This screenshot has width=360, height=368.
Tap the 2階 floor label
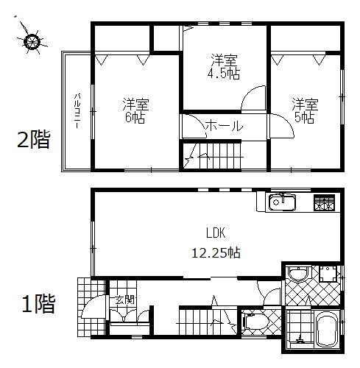pyautogui.click(x=33, y=140)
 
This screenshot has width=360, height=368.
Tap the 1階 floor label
pyautogui.click(x=37, y=303)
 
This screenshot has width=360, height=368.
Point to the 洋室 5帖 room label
pyautogui.click(x=303, y=110)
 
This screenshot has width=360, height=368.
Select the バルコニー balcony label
pyautogui.click(x=77, y=111)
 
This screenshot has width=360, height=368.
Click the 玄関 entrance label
pyautogui.click(x=124, y=300)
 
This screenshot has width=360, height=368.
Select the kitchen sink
pyautogui.click(x=283, y=202)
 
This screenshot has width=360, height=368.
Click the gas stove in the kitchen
pyautogui.click(x=324, y=203)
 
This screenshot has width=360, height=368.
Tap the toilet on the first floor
pyautogui.click(x=251, y=321)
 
